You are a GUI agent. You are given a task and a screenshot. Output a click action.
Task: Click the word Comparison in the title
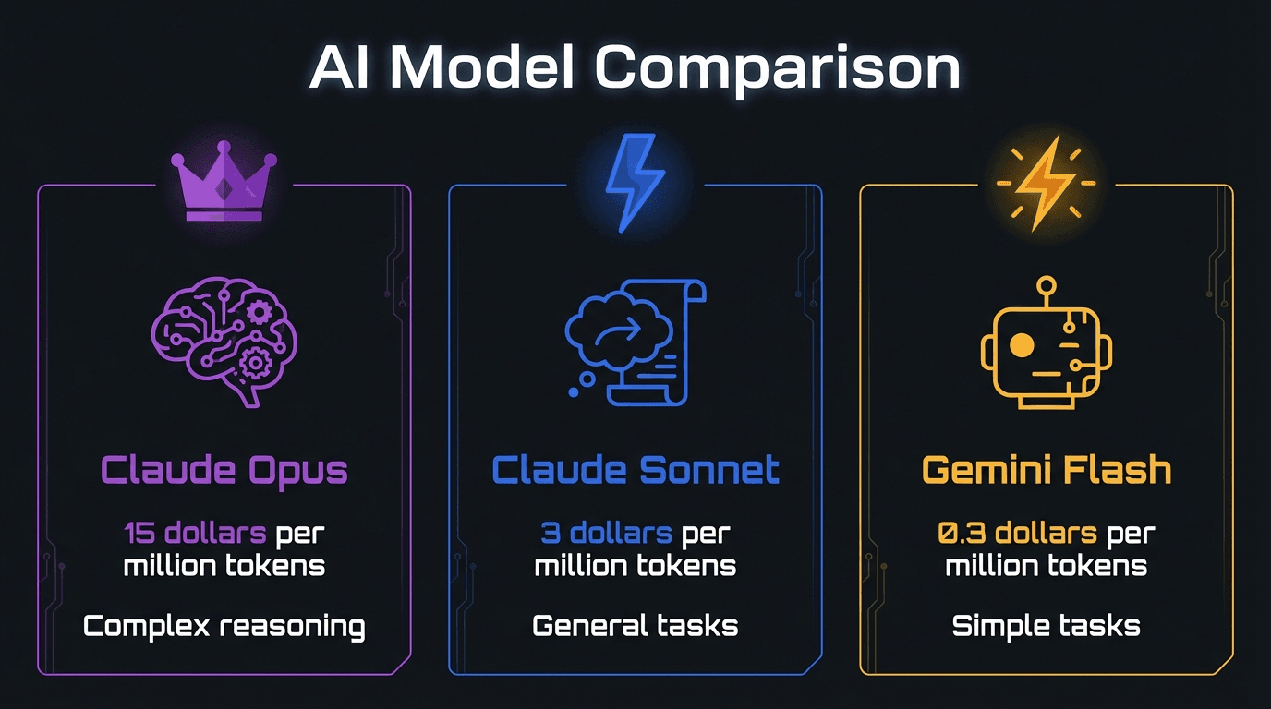pyautogui.click(x=778, y=69)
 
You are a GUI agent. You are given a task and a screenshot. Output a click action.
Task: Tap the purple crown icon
pyautogui.click(x=224, y=182)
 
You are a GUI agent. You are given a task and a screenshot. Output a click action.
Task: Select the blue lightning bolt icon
pyautogui.click(x=635, y=183)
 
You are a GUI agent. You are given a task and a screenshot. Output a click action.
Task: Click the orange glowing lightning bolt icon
pyautogui.click(x=1047, y=183)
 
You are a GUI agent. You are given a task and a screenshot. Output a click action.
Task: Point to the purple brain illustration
pyautogui.click(x=224, y=342)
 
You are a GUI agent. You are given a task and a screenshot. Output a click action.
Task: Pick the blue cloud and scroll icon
pyautogui.click(x=635, y=342)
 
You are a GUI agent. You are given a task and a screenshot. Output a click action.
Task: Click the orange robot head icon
pyautogui.click(x=1047, y=342)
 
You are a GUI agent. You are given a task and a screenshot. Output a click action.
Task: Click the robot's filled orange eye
pyautogui.click(x=1022, y=345)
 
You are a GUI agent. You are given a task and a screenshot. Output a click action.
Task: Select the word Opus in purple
pyautogui.click(x=297, y=472)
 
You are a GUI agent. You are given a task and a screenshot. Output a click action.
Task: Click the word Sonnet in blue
pyautogui.click(x=709, y=470)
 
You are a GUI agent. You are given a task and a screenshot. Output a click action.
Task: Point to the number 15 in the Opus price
pyautogui.click(x=139, y=534)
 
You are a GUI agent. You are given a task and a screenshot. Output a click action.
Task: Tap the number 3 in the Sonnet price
pyautogui.click(x=551, y=534)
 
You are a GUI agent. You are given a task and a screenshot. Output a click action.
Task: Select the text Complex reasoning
pyautogui.click(x=224, y=627)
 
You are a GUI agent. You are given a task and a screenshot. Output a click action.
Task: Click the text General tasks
pyautogui.click(x=635, y=626)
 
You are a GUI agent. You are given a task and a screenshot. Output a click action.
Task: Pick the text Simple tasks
pyautogui.click(x=1047, y=627)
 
